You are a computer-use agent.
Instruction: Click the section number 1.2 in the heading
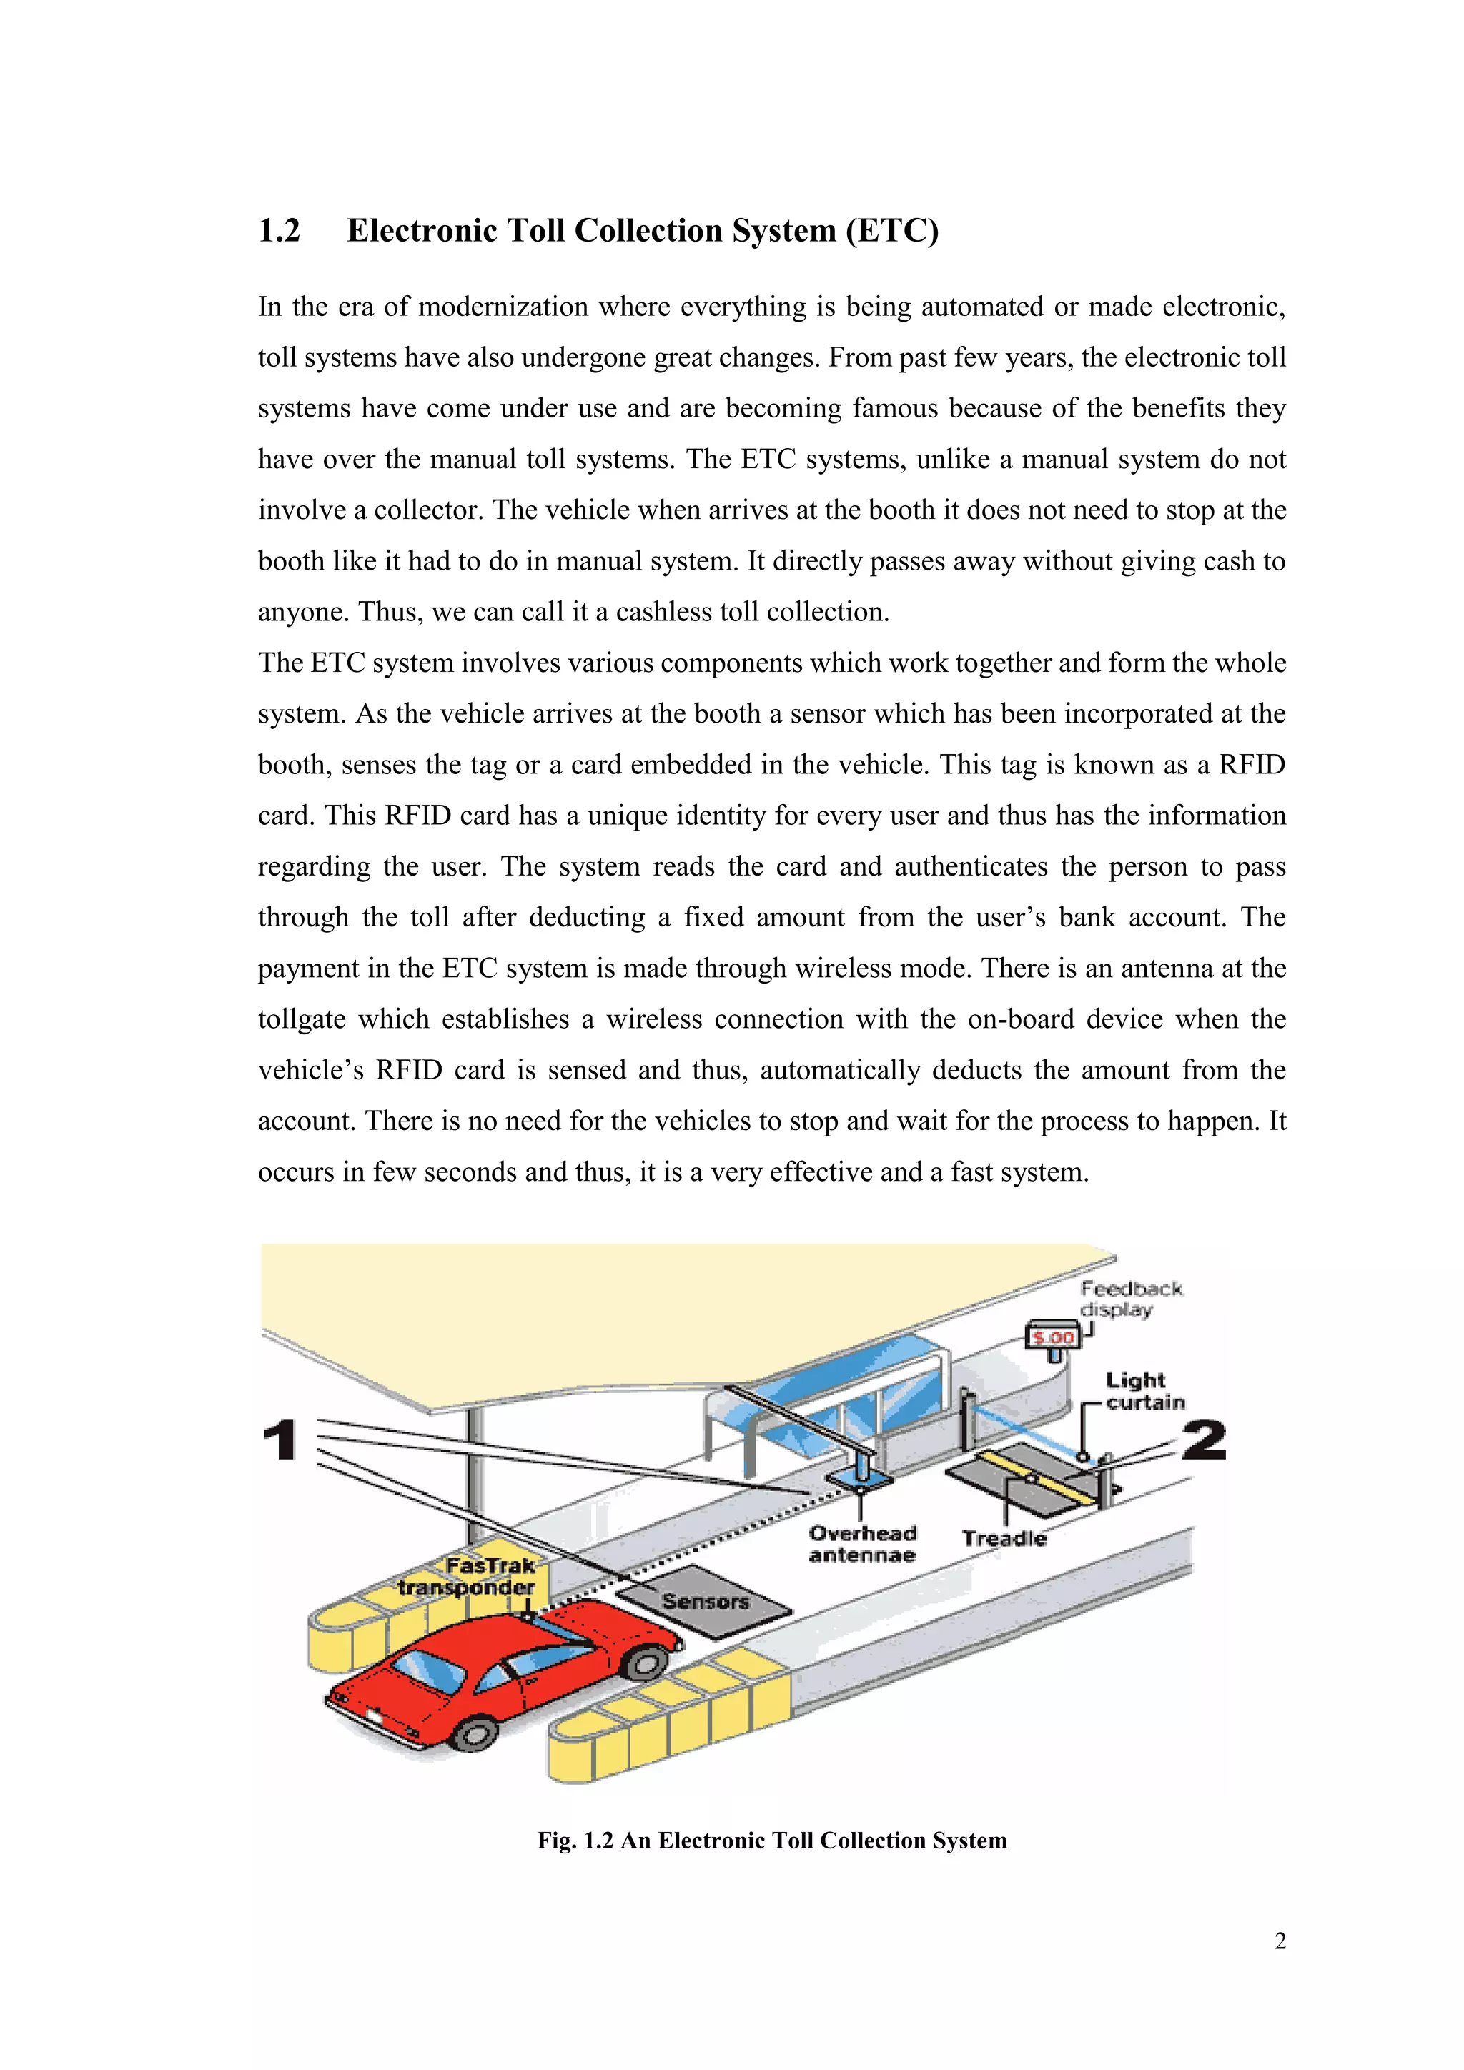pyautogui.click(x=279, y=231)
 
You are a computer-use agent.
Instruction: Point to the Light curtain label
pyautogui.click(x=1143, y=1391)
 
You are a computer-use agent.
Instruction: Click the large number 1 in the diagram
pyautogui.click(x=280, y=1440)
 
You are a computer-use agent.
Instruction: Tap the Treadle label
pyautogui.click(x=1004, y=1538)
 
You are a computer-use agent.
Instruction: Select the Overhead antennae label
pyautogui.click(x=862, y=1543)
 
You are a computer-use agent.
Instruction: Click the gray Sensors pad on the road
pyautogui.click(x=705, y=1602)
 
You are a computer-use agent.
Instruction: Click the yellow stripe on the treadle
pyautogui.click(x=1037, y=1476)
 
